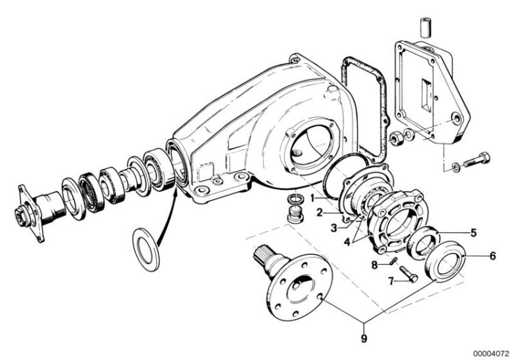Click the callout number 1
click(313, 198)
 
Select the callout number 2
click(320, 213)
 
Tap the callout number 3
click(334, 228)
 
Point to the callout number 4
click(347, 242)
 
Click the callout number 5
click(474, 232)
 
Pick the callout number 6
click(493, 256)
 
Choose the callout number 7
click(391, 281)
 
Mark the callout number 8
click(375, 265)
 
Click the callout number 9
click(364, 338)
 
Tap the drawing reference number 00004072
click(491, 354)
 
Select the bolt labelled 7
click(408, 274)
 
